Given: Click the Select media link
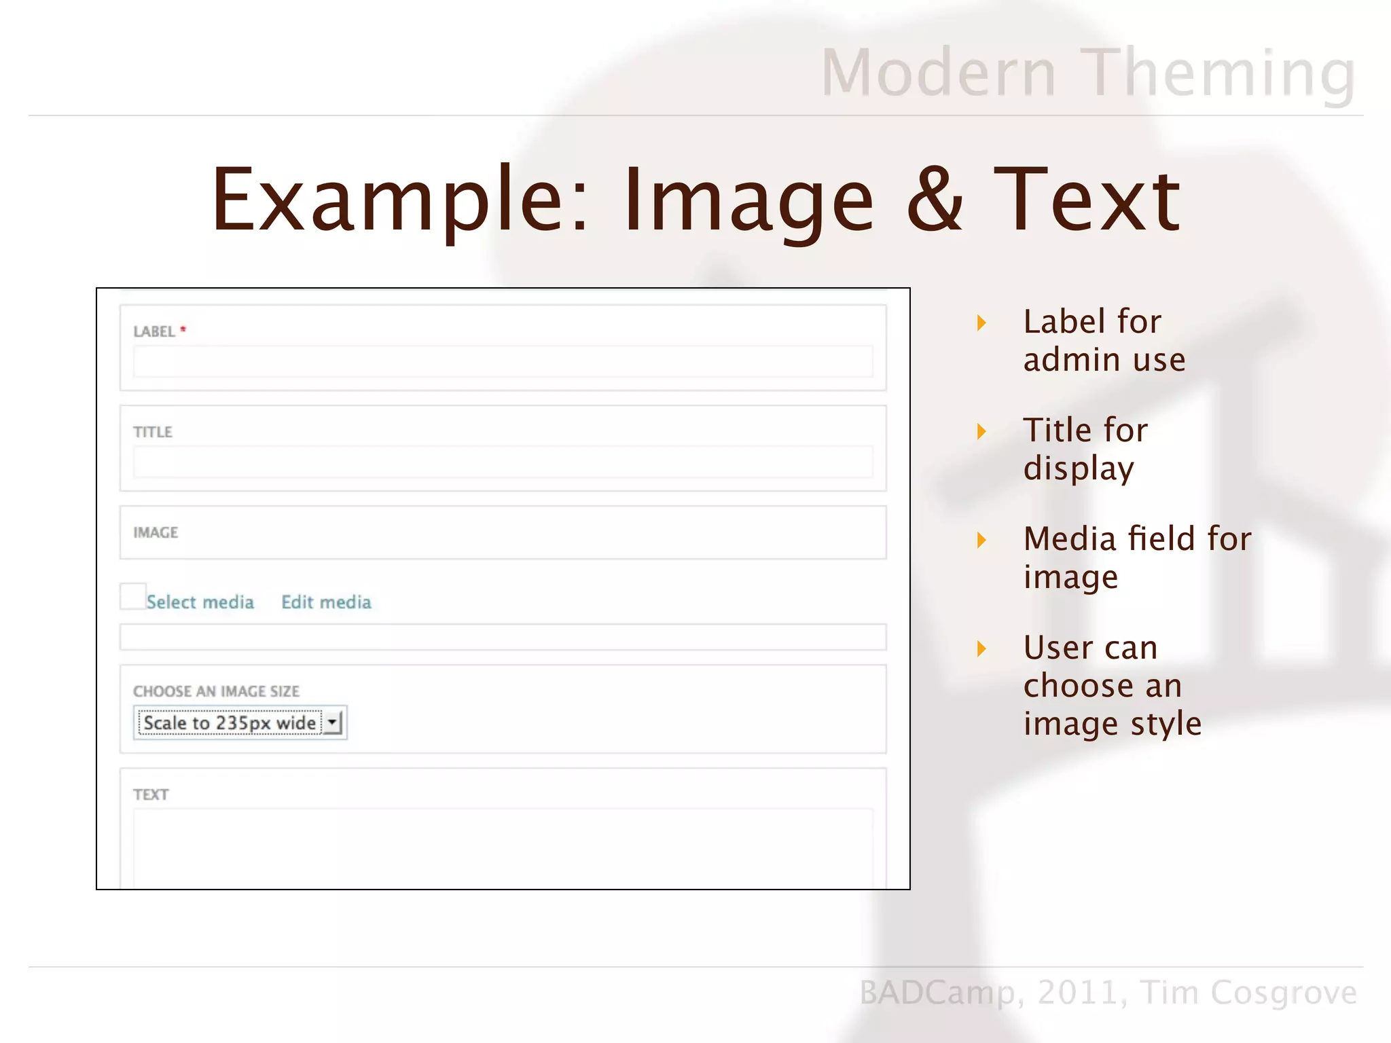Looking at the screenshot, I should point(200,602).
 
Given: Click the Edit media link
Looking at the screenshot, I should point(326,602).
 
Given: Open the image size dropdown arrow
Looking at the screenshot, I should point(333,722).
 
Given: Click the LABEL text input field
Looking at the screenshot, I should point(503,361).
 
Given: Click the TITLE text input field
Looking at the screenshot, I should point(503,462).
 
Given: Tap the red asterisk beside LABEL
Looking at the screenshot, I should point(183,330).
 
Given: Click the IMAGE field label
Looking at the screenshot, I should point(156,533).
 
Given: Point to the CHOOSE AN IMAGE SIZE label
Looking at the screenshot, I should point(216,691).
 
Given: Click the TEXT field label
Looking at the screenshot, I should point(151,794).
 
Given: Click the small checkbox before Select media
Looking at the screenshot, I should point(132,596).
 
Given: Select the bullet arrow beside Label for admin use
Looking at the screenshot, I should point(981,323).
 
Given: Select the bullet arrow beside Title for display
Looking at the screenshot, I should point(981,431).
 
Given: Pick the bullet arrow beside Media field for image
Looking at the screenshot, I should point(981,541).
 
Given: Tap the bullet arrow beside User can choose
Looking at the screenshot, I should point(981,648).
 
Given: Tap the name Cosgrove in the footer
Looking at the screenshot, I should point(1284,993).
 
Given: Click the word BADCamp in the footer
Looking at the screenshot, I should point(937,993).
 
